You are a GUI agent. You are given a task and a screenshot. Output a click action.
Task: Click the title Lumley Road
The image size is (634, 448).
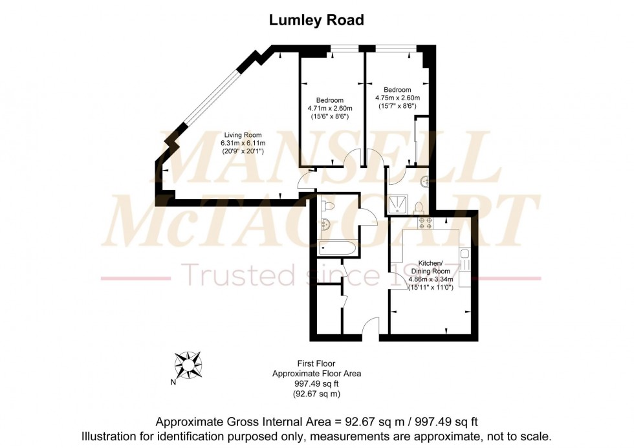coord(316,21)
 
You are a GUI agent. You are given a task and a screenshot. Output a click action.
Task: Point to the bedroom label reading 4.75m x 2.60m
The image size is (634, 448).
coord(397,98)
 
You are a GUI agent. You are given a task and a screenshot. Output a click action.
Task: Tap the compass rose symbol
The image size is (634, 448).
coord(188,365)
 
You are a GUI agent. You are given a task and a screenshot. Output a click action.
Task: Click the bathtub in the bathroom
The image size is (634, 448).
coord(337,247)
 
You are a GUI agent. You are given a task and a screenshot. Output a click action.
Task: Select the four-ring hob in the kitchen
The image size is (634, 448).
coord(426,224)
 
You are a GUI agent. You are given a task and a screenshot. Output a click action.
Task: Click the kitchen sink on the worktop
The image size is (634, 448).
coord(465,259)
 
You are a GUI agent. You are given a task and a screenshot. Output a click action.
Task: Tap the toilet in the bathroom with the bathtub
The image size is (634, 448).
coord(326,206)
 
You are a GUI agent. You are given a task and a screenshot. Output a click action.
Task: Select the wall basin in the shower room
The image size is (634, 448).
coord(424,181)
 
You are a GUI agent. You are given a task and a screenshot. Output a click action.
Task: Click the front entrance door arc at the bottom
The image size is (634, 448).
coord(370,329)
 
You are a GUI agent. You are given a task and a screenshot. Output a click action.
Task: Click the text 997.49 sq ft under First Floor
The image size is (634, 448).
coord(316,383)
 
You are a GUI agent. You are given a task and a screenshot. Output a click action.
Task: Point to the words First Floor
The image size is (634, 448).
coord(316,363)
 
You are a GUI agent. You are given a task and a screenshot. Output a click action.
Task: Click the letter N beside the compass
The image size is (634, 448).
coord(173,382)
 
